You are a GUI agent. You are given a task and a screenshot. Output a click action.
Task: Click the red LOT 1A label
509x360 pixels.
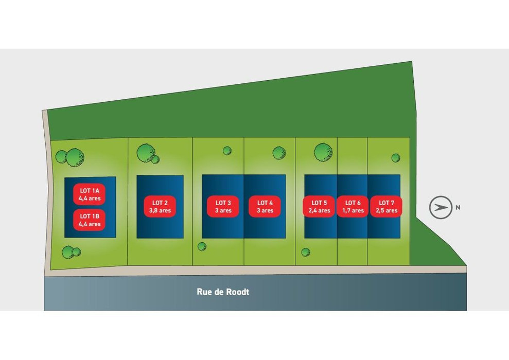coord(89,194)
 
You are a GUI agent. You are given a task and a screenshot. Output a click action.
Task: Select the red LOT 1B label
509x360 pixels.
coord(89,220)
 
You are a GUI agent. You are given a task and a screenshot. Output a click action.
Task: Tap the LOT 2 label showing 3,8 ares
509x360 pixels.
coord(160,207)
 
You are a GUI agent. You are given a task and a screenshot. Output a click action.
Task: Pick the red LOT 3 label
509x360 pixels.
coord(223,207)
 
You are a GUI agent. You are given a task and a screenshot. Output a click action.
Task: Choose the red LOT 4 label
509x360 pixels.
coord(265,207)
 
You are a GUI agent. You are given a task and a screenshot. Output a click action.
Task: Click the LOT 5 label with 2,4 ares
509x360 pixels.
coord(319,207)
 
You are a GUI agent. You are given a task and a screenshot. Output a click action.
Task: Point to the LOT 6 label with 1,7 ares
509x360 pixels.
coord(353,207)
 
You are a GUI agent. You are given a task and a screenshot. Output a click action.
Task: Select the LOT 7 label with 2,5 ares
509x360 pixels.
coord(387,207)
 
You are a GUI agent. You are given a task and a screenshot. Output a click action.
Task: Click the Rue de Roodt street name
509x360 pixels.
coord(223,292)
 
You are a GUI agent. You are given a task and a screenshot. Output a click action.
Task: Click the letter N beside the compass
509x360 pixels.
coord(458,208)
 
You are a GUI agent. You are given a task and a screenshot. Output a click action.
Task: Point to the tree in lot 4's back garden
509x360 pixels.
coord(279,153)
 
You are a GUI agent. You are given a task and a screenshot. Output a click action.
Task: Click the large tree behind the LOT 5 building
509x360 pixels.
coord(323,152)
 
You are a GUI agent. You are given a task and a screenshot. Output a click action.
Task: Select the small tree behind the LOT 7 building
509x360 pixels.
coord(396,158)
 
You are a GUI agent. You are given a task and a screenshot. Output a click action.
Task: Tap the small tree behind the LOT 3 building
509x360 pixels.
coord(227,151)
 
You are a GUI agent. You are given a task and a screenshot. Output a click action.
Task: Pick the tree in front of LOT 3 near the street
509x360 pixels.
coord(202,246)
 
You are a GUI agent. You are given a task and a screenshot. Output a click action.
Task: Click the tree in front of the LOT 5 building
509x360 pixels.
coord(306,252)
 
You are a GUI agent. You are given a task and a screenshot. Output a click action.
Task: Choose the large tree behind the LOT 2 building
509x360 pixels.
coord(146,153)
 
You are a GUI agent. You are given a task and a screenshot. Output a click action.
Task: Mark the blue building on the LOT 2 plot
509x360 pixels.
coord(160,207)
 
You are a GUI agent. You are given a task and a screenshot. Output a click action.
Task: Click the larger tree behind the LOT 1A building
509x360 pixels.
coord(75,157)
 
